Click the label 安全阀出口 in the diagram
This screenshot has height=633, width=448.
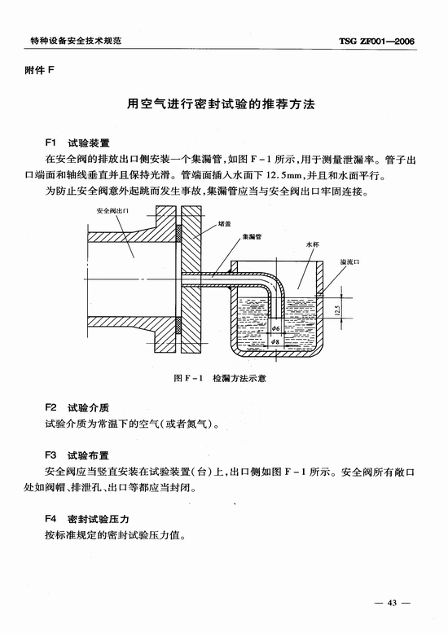pos(112,211)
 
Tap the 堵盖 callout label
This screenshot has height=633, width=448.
pos(224,224)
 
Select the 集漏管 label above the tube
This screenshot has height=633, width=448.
pos(252,236)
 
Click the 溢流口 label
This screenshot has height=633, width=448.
pos(349,262)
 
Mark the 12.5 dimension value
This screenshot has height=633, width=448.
pos(337,310)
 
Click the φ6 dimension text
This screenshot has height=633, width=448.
pos(275,328)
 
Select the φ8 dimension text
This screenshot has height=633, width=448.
pos(275,341)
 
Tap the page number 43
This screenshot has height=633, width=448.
pos(392,603)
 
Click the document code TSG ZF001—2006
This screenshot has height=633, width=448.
pos(376,42)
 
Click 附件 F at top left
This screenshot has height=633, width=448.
pos(40,71)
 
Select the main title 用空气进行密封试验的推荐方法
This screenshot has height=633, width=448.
pos(221,104)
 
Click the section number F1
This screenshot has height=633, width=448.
pos(50,143)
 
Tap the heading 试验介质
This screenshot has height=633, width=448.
pos(89,408)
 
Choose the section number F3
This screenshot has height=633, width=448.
pos(51,455)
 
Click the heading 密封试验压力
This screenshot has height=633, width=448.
pos(99,519)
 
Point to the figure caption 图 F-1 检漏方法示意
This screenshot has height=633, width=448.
pos(220,378)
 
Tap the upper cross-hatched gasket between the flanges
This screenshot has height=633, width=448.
pos(178,233)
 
